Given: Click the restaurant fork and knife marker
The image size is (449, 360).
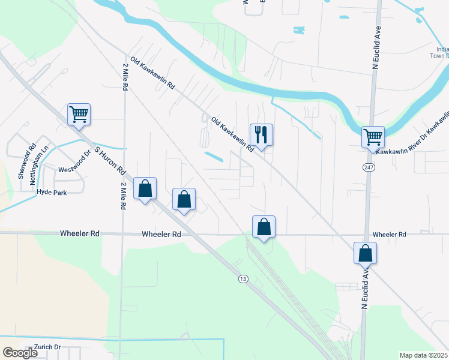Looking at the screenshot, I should [261, 134].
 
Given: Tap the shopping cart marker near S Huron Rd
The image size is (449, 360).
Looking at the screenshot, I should [79, 114].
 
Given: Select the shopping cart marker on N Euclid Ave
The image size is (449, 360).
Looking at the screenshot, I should [373, 137].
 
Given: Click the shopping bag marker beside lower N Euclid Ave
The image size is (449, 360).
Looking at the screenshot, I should [365, 253].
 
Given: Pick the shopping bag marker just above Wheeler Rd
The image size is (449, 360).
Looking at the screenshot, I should [264, 227].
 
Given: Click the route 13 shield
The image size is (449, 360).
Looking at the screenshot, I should [243, 278].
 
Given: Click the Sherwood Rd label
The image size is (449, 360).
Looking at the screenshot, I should [27, 161].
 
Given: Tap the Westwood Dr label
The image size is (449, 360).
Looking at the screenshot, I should [74, 170].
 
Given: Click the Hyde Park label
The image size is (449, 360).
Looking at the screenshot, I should [52, 192].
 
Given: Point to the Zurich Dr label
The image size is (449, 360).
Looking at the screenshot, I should [49, 347].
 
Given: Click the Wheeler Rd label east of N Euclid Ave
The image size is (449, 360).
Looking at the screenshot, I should [389, 234].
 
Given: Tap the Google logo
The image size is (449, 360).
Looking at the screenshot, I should [20, 353].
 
